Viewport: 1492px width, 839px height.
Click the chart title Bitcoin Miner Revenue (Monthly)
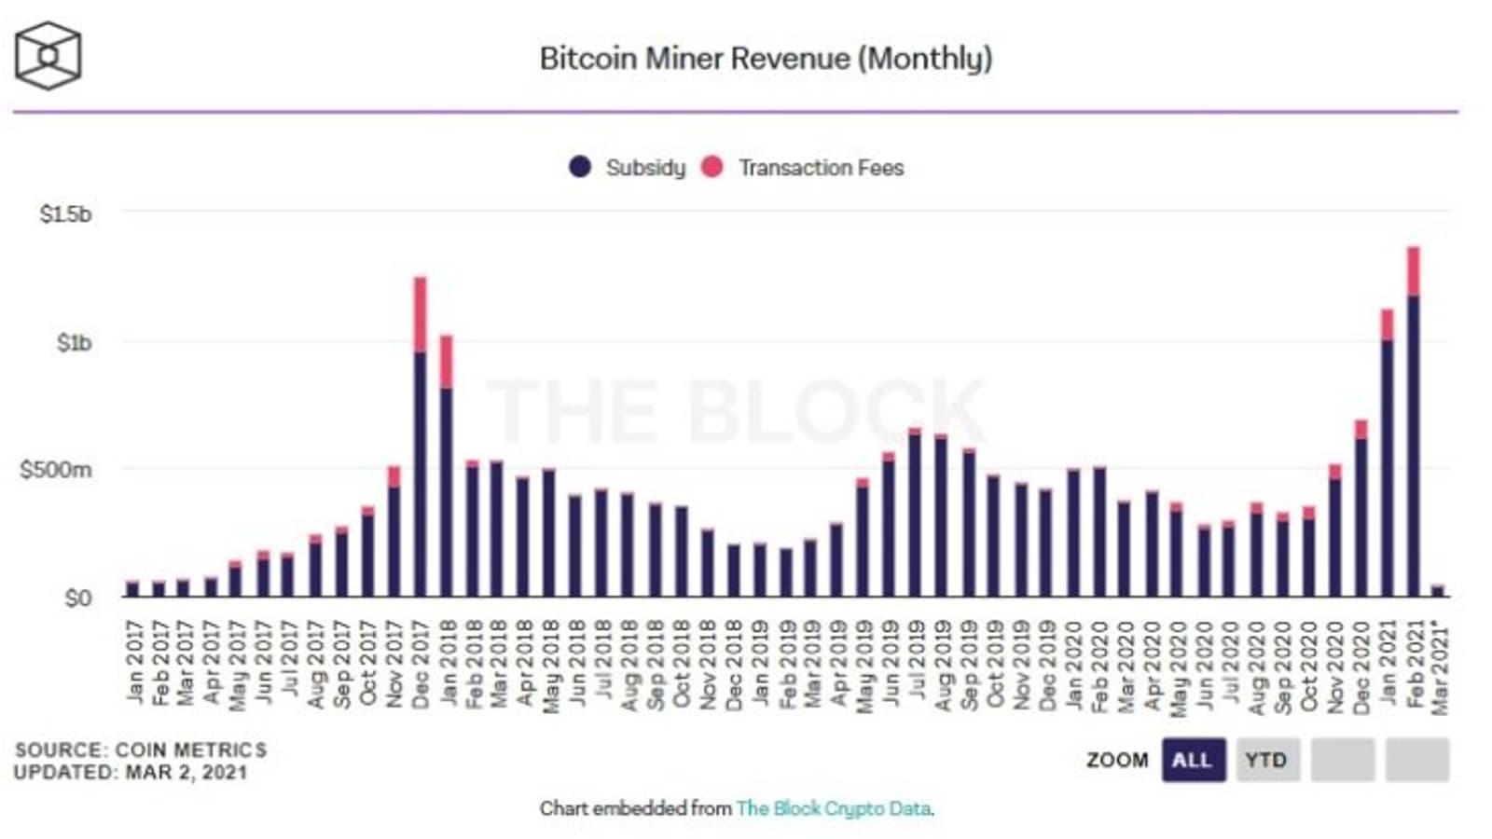pyautogui.click(x=766, y=59)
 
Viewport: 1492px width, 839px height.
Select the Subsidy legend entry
pyautogui.click(x=644, y=168)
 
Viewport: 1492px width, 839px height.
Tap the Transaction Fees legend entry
pyautogui.click(x=821, y=168)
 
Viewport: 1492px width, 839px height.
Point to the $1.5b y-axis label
pyautogui.click(x=65, y=214)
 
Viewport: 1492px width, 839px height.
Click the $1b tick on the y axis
pyautogui.click(x=74, y=343)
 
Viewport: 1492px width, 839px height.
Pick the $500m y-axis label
pyautogui.click(x=56, y=470)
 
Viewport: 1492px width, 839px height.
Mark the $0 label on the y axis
pyautogui.click(x=77, y=598)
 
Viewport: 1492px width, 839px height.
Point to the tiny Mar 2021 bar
pyautogui.click(x=1437, y=591)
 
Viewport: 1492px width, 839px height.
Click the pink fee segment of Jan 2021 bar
pyautogui.click(x=1388, y=324)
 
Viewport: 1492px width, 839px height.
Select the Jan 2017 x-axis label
pyautogui.click(x=134, y=664)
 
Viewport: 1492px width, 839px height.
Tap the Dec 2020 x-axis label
pyautogui.click(x=1361, y=669)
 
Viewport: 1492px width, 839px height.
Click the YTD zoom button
pyautogui.click(x=1265, y=761)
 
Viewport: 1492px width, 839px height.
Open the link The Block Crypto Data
pyautogui.click(x=833, y=809)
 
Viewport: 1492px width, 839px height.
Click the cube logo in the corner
pyautogui.click(x=48, y=57)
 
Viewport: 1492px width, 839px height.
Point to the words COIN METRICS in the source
pyautogui.click(x=190, y=750)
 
